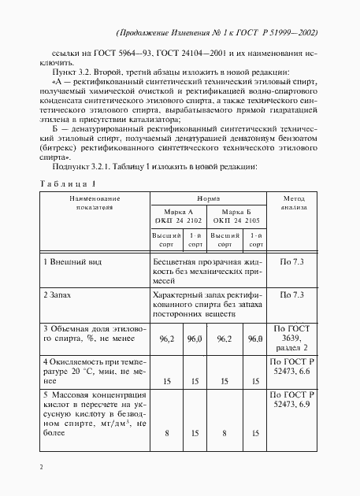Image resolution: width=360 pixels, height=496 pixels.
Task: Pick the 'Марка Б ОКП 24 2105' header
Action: click(237, 217)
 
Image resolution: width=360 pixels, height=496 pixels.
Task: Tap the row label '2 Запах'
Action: click(57, 294)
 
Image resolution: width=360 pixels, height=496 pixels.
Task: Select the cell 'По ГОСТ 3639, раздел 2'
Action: click(294, 336)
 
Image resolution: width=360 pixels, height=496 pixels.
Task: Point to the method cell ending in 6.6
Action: click(294, 367)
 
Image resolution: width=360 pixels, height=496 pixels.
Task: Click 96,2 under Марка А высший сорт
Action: click(165, 339)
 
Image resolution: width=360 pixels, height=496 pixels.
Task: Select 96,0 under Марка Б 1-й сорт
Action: click(254, 339)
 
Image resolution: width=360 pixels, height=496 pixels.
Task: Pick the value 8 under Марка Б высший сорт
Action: click(225, 431)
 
